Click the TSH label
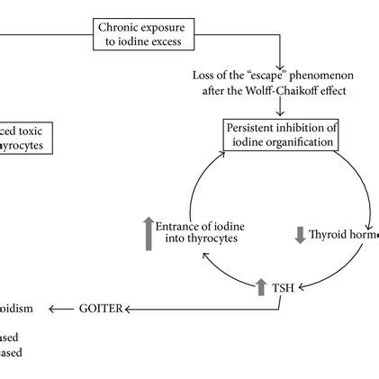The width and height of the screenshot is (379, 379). point(282,288)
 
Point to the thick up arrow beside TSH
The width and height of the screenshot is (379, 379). point(262,286)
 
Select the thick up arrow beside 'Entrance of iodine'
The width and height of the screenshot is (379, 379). point(149,233)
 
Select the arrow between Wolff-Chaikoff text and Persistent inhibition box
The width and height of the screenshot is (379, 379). point(281,107)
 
